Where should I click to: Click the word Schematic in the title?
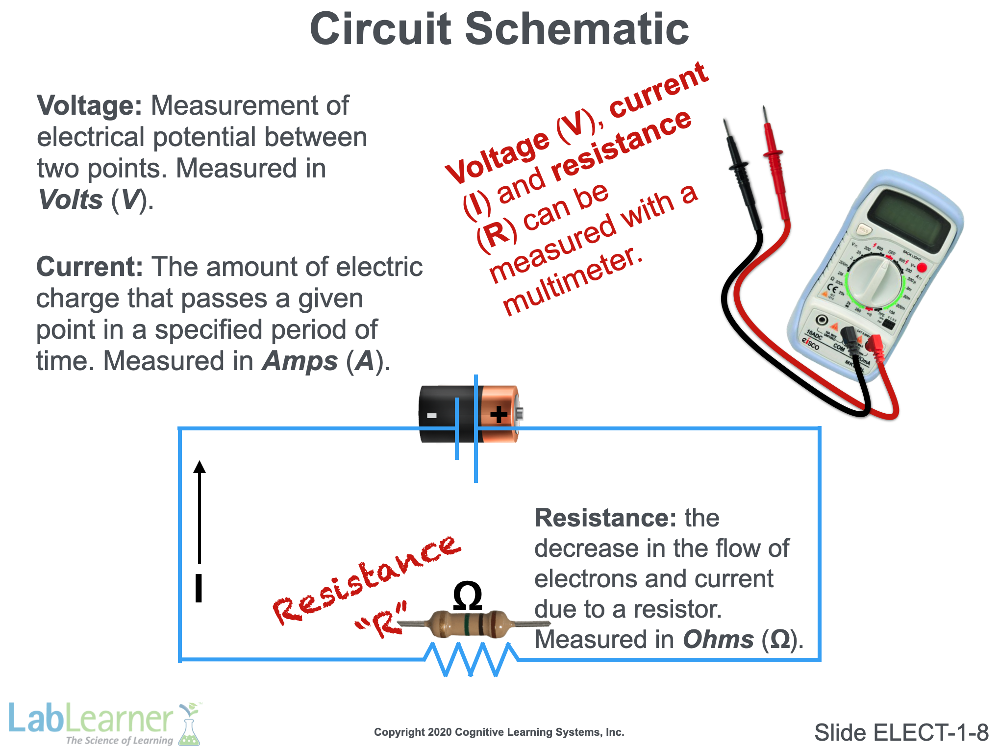click(x=576, y=29)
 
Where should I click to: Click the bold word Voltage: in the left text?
click(x=89, y=105)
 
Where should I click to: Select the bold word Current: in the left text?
click(x=89, y=267)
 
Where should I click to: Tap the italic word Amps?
click(x=300, y=361)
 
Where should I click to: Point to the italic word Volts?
click(x=71, y=200)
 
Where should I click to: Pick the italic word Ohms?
click(x=718, y=640)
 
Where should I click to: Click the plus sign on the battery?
click(x=499, y=415)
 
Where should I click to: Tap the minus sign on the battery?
click(x=431, y=416)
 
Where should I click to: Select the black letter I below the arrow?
click(x=199, y=588)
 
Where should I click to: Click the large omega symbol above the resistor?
click(x=467, y=597)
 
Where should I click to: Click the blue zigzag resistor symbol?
click(x=471, y=659)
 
